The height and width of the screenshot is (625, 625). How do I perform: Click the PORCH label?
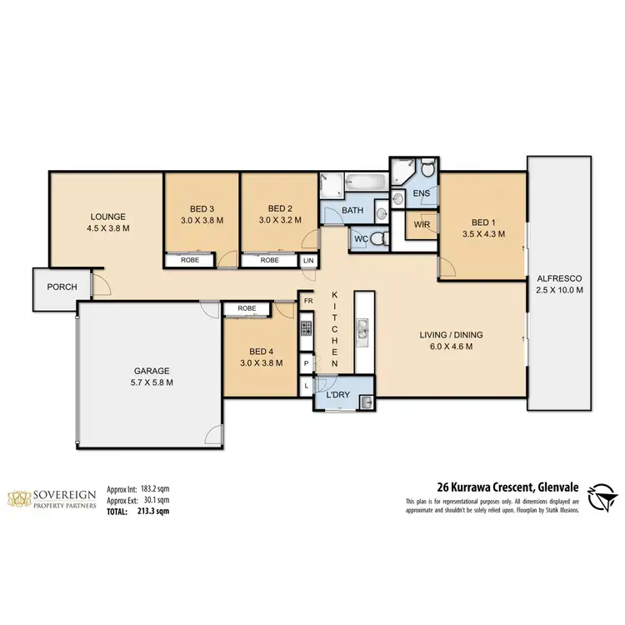62,287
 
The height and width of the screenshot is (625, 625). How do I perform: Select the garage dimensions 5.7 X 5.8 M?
152,382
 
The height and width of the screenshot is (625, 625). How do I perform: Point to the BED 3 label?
201,208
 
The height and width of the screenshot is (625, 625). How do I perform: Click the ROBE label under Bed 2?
269,260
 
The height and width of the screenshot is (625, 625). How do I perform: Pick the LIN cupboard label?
308,260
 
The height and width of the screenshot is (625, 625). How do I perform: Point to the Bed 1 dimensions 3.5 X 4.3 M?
482,235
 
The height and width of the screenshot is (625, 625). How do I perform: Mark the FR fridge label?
307,301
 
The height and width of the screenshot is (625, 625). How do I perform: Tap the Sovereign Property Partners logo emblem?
18,498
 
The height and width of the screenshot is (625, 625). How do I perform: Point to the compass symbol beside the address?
602,497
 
